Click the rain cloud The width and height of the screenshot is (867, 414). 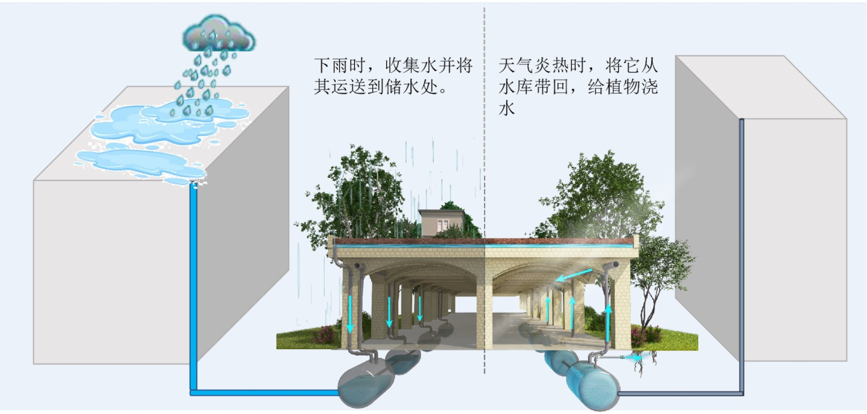point(219,34)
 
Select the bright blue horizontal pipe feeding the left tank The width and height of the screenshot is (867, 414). point(265,393)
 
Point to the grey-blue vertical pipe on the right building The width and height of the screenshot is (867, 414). point(742,257)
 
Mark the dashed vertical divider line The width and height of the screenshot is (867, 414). point(484,190)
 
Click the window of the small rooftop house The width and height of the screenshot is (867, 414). point(443,225)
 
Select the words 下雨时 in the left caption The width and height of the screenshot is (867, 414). point(340,66)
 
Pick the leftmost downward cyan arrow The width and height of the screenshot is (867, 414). point(350,314)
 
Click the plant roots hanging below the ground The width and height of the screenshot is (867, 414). point(644,363)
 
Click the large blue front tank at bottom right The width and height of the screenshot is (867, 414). point(592,385)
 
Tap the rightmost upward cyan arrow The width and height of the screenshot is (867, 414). point(608,324)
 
